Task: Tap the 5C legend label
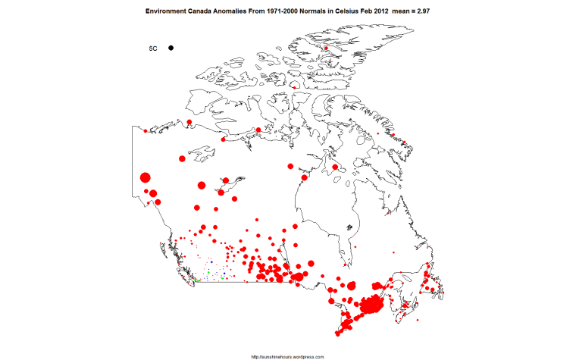pos(152,49)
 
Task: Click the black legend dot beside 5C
pos(172,48)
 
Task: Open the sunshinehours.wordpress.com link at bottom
pos(287,355)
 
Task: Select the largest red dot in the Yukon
pos(146,178)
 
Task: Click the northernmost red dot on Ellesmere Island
pos(325,49)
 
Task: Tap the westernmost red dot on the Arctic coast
pos(145,131)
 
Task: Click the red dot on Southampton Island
pos(335,167)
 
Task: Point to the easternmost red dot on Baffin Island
pos(404,143)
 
